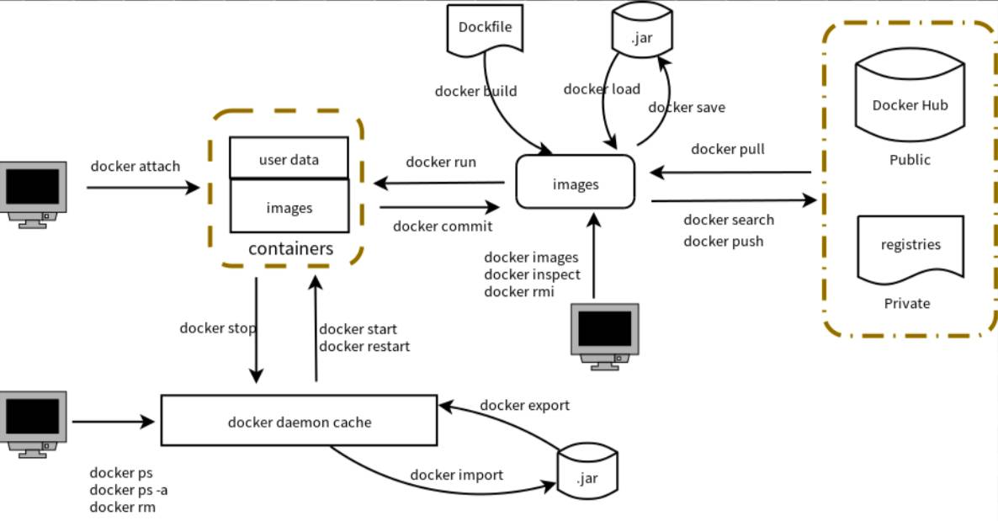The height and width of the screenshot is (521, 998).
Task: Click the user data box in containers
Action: click(289, 158)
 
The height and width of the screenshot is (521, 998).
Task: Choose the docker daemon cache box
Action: click(299, 420)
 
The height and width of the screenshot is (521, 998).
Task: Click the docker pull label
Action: click(727, 149)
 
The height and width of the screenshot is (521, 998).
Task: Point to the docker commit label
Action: click(442, 226)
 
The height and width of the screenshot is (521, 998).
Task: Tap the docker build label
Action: click(475, 91)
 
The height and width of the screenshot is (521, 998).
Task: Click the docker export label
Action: click(524, 405)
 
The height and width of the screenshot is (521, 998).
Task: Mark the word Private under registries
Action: click(906, 303)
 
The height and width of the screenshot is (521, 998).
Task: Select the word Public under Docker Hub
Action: click(910, 160)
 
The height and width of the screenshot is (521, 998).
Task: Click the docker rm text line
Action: click(122, 507)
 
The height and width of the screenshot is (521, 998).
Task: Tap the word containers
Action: click(290, 249)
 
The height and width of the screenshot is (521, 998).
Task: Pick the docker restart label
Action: click(364, 345)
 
